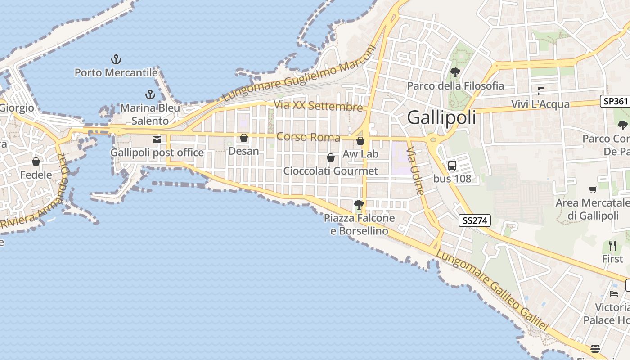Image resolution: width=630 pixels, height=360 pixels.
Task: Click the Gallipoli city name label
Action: tap(441, 117)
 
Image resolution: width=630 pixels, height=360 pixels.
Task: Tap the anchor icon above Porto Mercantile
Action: tap(116, 59)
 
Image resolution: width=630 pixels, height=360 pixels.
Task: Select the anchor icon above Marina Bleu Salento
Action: tap(150, 94)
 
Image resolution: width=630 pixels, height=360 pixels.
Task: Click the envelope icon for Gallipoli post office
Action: tap(157, 139)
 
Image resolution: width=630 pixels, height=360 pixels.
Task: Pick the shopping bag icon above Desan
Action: tap(244, 138)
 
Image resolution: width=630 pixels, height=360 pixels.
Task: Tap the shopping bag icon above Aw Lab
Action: tap(360, 141)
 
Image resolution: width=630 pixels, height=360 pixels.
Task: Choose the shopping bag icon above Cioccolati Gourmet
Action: tap(331, 157)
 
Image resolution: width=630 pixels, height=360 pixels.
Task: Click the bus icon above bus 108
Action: tap(452, 165)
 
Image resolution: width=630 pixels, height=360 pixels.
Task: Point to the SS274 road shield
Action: tap(475, 220)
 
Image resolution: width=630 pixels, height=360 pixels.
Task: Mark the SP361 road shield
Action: tap(615, 101)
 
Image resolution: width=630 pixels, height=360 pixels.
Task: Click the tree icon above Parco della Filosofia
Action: tap(455, 72)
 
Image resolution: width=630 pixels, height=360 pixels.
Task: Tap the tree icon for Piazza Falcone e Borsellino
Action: tap(359, 205)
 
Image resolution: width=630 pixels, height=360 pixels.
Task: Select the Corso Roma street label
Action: tap(308, 137)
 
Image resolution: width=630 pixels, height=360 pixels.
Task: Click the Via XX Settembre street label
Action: tap(318, 106)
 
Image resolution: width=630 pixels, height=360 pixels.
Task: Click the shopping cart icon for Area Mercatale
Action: tap(593, 190)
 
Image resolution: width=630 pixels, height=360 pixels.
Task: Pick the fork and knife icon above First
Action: tap(612, 246)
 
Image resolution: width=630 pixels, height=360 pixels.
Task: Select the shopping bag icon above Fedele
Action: tap(36, 162)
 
